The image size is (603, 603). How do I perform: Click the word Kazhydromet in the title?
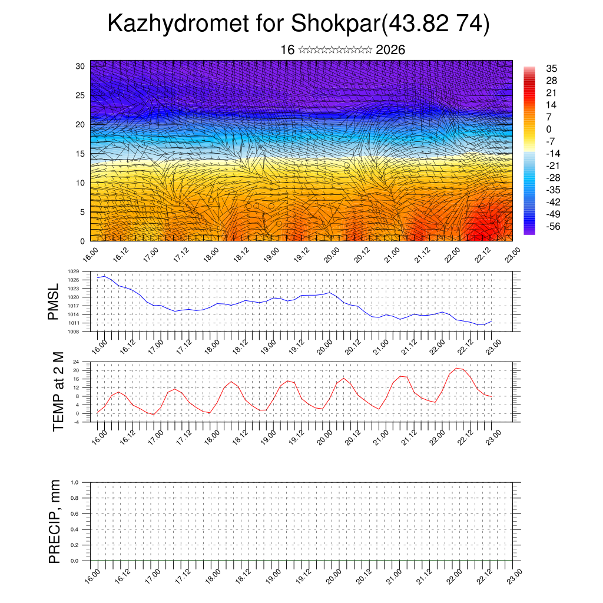pyautogui.click(x=177, y=25)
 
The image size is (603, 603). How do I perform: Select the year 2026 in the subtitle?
pyautogui.click(x=390, y=50)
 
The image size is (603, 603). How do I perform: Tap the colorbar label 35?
pyautogui.click(x=551, y=68)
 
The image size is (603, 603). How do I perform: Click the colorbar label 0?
pyautogui.click(x=549, y=129)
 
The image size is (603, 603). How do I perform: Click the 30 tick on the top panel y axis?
pyautogui.click(x=81, y=66)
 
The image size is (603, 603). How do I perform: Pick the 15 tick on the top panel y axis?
pyautogui.click(x=81, y=154)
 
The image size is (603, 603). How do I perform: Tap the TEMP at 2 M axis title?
pyautogui.click(x=58, y=392)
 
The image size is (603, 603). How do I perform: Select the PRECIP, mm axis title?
pyautogui.click(x=55, y=521)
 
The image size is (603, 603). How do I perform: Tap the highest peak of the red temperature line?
pyautogui.click(x=456, y=368)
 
